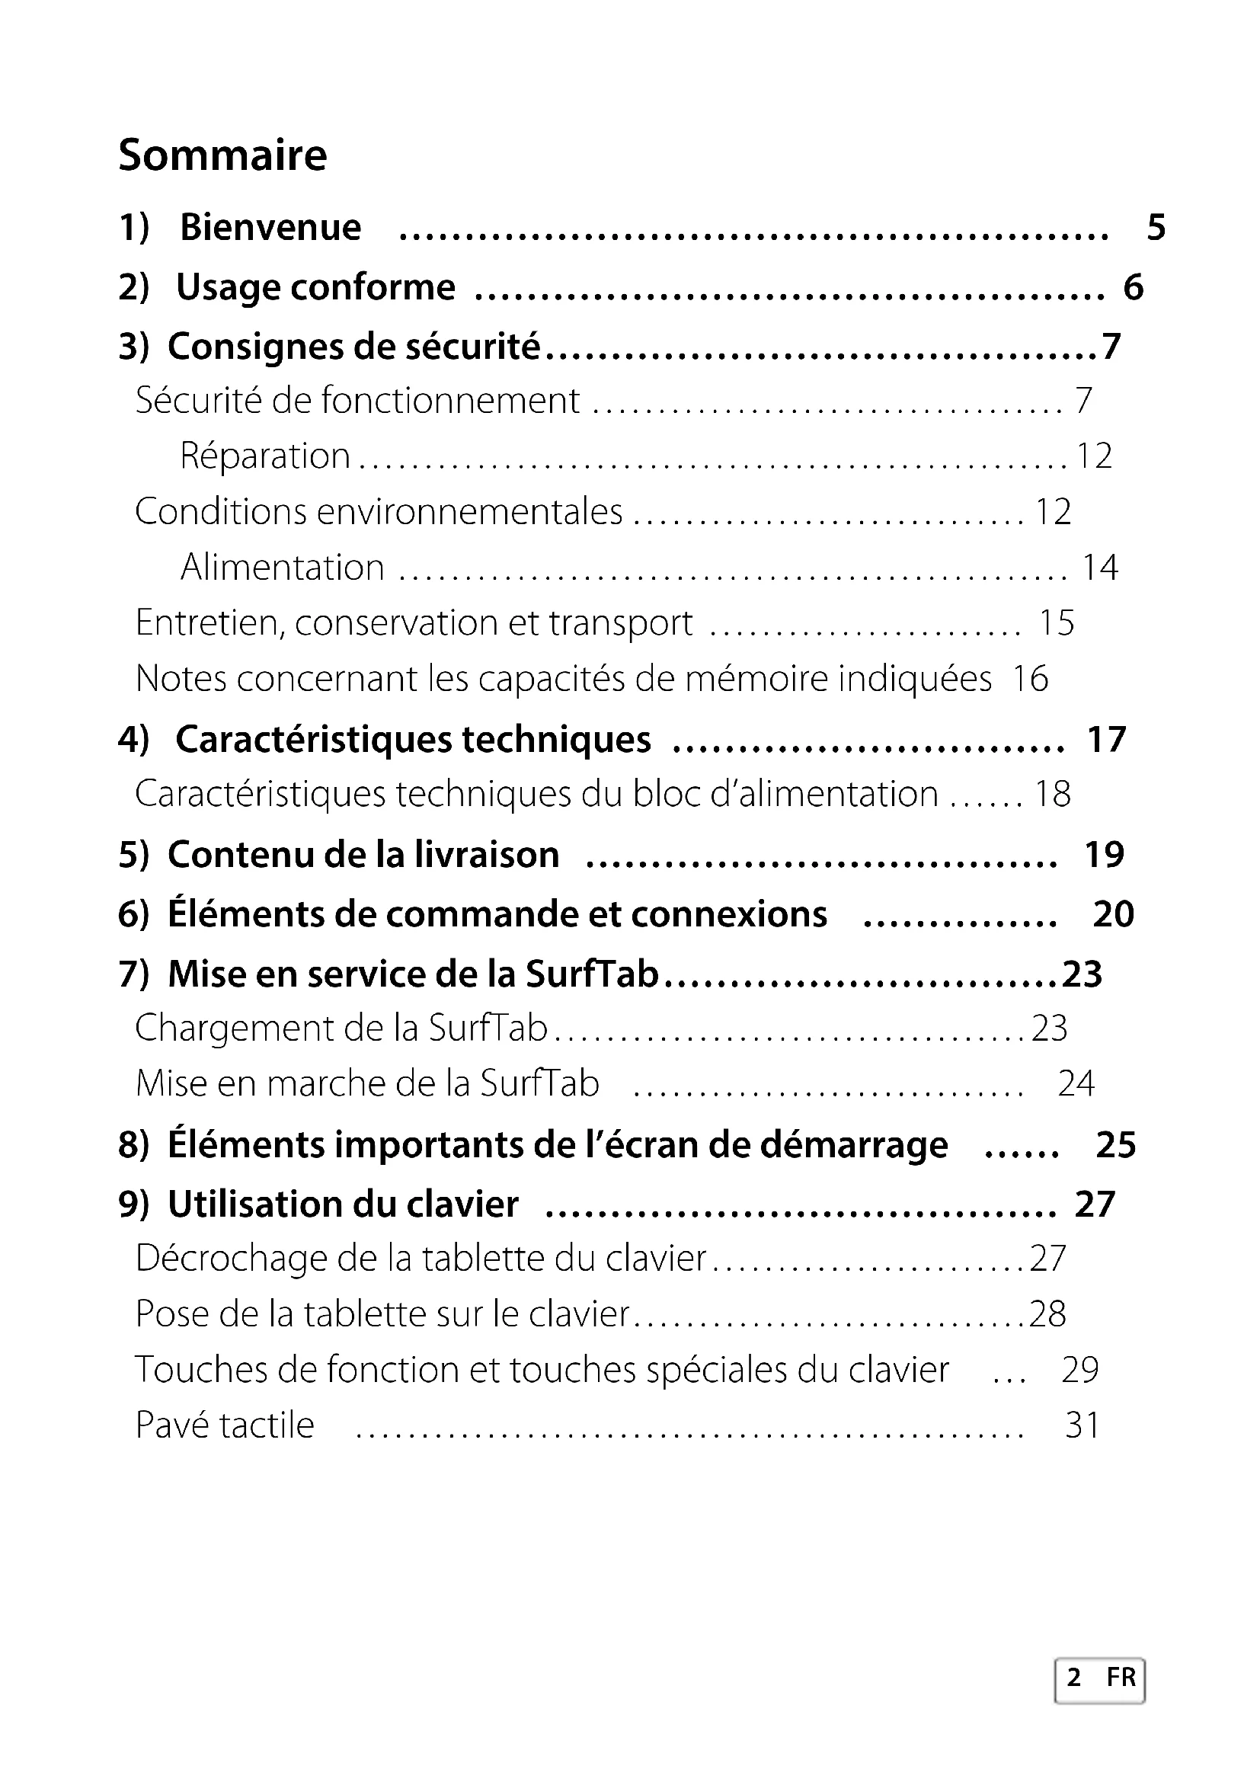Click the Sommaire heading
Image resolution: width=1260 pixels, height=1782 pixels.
click(222, 155)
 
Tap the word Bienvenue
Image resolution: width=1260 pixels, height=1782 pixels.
click(270, 227)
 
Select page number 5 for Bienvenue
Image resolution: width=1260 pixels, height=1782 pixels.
click(1156, 227)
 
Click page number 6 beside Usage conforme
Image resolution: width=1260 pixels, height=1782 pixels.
click(1133, 288)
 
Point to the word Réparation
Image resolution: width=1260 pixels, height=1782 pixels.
click(265, 456)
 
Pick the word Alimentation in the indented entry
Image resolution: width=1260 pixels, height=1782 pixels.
click(283, 568)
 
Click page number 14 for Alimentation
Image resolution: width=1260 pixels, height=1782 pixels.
click(1099, 568)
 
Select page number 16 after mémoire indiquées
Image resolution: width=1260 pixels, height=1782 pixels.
click(1030, 678)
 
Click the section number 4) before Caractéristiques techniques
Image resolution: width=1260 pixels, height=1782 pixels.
click(133, 739)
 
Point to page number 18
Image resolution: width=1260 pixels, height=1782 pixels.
click(1052, 794)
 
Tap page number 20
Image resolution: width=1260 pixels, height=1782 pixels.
click(1112, 914)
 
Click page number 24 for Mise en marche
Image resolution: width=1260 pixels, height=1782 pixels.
click(1076, 1083)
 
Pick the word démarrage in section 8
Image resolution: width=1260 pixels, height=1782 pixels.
click(853, 1145)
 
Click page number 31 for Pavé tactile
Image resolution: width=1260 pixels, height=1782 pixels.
click(1083, 1425)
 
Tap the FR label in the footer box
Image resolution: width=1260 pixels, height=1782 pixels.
click(1121, 1677)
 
